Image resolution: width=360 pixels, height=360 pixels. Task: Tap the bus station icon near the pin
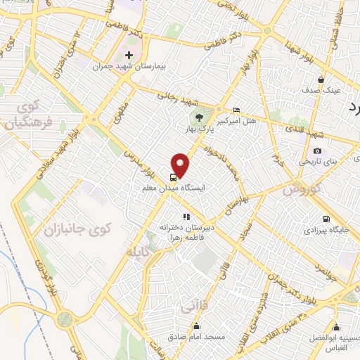[173, 177]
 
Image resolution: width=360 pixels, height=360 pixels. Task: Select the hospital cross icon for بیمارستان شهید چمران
[129, 55]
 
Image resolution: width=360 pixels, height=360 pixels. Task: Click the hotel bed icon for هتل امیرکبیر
[236, 110]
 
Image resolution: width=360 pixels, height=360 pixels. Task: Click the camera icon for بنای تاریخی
[318, 150]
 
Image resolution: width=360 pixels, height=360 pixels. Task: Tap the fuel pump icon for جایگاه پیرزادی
[325, 218]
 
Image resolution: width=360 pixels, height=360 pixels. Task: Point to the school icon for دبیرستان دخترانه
[186, 217]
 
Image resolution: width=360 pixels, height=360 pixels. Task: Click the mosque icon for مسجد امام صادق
[196, 326]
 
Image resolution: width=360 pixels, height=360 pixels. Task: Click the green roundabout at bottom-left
[65, 320]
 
